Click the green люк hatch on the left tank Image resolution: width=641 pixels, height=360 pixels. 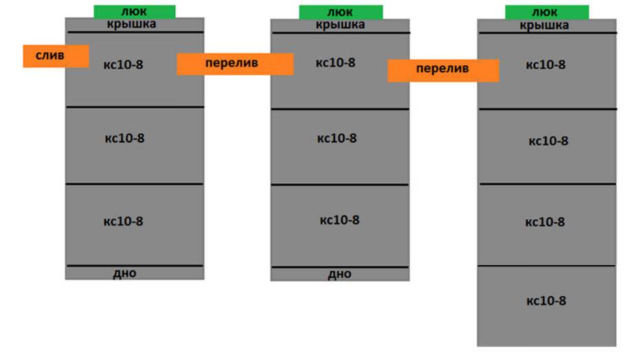coord(135,12)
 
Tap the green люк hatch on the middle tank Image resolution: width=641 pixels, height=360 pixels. coord(341,12)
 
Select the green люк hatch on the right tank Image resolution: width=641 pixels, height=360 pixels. coord(547,12)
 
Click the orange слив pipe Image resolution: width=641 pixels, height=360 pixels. coord(56,56)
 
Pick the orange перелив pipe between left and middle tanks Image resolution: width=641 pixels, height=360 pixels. coord(235,64)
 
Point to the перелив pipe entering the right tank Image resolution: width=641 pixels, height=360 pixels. coord(443,71)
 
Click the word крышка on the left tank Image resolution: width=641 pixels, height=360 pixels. coord(132,24)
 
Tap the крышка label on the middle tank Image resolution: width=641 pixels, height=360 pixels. coord(340,25)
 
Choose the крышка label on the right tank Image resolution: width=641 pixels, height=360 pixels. coord(544,25)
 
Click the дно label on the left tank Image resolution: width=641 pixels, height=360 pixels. coord(124,273)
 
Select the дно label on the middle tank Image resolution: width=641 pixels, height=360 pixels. coord(339,274)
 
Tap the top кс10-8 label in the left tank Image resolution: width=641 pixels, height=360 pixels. coord(123,65)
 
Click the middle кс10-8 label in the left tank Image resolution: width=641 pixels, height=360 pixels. coord(124,138)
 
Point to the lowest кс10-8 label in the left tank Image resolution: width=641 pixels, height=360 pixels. coord(123,221)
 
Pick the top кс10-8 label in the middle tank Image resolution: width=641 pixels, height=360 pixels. coord(336,63)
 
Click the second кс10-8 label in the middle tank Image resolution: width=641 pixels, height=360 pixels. coord(337,138)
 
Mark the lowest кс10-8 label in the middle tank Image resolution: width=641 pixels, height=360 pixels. coord(339,220)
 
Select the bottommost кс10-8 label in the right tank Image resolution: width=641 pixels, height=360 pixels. coord(546,301)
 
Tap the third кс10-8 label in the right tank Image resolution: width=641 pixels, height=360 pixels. coord(545,222)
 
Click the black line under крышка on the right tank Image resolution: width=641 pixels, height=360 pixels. coord(548,33)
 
